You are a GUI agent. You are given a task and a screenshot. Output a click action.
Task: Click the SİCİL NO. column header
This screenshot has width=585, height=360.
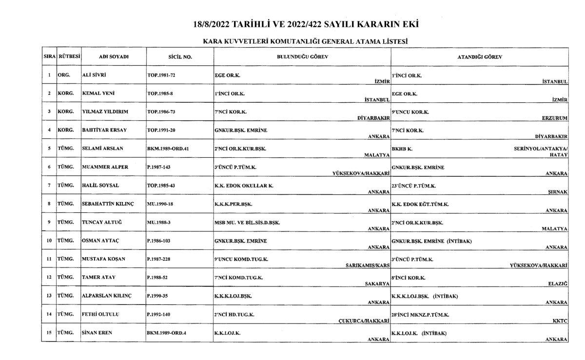pyautogui.click(x=180, y=57)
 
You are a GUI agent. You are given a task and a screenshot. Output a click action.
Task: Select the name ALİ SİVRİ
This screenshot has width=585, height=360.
pyautogui.click(x=95, y=75)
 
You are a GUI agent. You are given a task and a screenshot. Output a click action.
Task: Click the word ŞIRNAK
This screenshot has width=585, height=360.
pyautogui.click(x=558, y=192)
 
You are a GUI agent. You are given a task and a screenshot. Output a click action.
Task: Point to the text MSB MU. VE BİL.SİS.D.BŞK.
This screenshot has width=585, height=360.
pyautogui.click(x=247, y=222)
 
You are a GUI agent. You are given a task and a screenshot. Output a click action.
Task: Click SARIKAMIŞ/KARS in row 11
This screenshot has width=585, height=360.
pyautogui.click(x=366, y=265)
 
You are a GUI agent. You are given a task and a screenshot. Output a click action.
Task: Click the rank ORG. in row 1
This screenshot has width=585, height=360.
pyautogui.click(x=64, y=75)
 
